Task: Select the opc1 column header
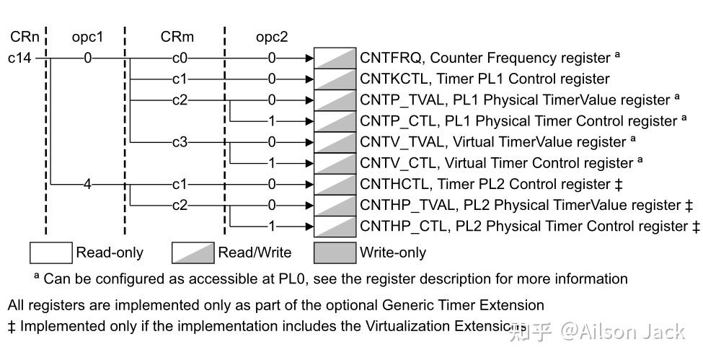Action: [x=87, y=36]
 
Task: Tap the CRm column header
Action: [x=177, y=36]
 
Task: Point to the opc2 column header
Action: [x=272, y=36]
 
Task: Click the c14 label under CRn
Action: [x=19, y=58]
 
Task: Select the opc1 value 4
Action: [x=88, y=184]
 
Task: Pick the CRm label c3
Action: [x=179, y=142]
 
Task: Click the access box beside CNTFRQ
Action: [x=335, y=58]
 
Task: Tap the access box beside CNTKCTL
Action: [x=335, y=79]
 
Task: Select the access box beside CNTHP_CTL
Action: [x=335, y=226]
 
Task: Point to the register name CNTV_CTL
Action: [x=393, y=163]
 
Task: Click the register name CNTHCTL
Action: [x=390, y=184]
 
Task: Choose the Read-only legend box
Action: [x=50, y=253]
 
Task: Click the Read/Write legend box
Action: [x=193, y=253]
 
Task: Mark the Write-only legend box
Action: [x=335, y=253]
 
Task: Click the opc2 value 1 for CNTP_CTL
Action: [x=272, y=121]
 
